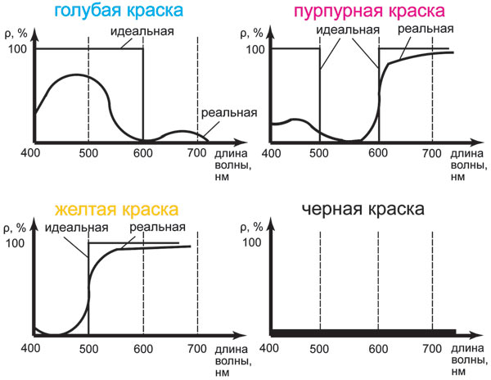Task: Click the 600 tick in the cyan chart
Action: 142,153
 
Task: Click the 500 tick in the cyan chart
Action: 87,153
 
